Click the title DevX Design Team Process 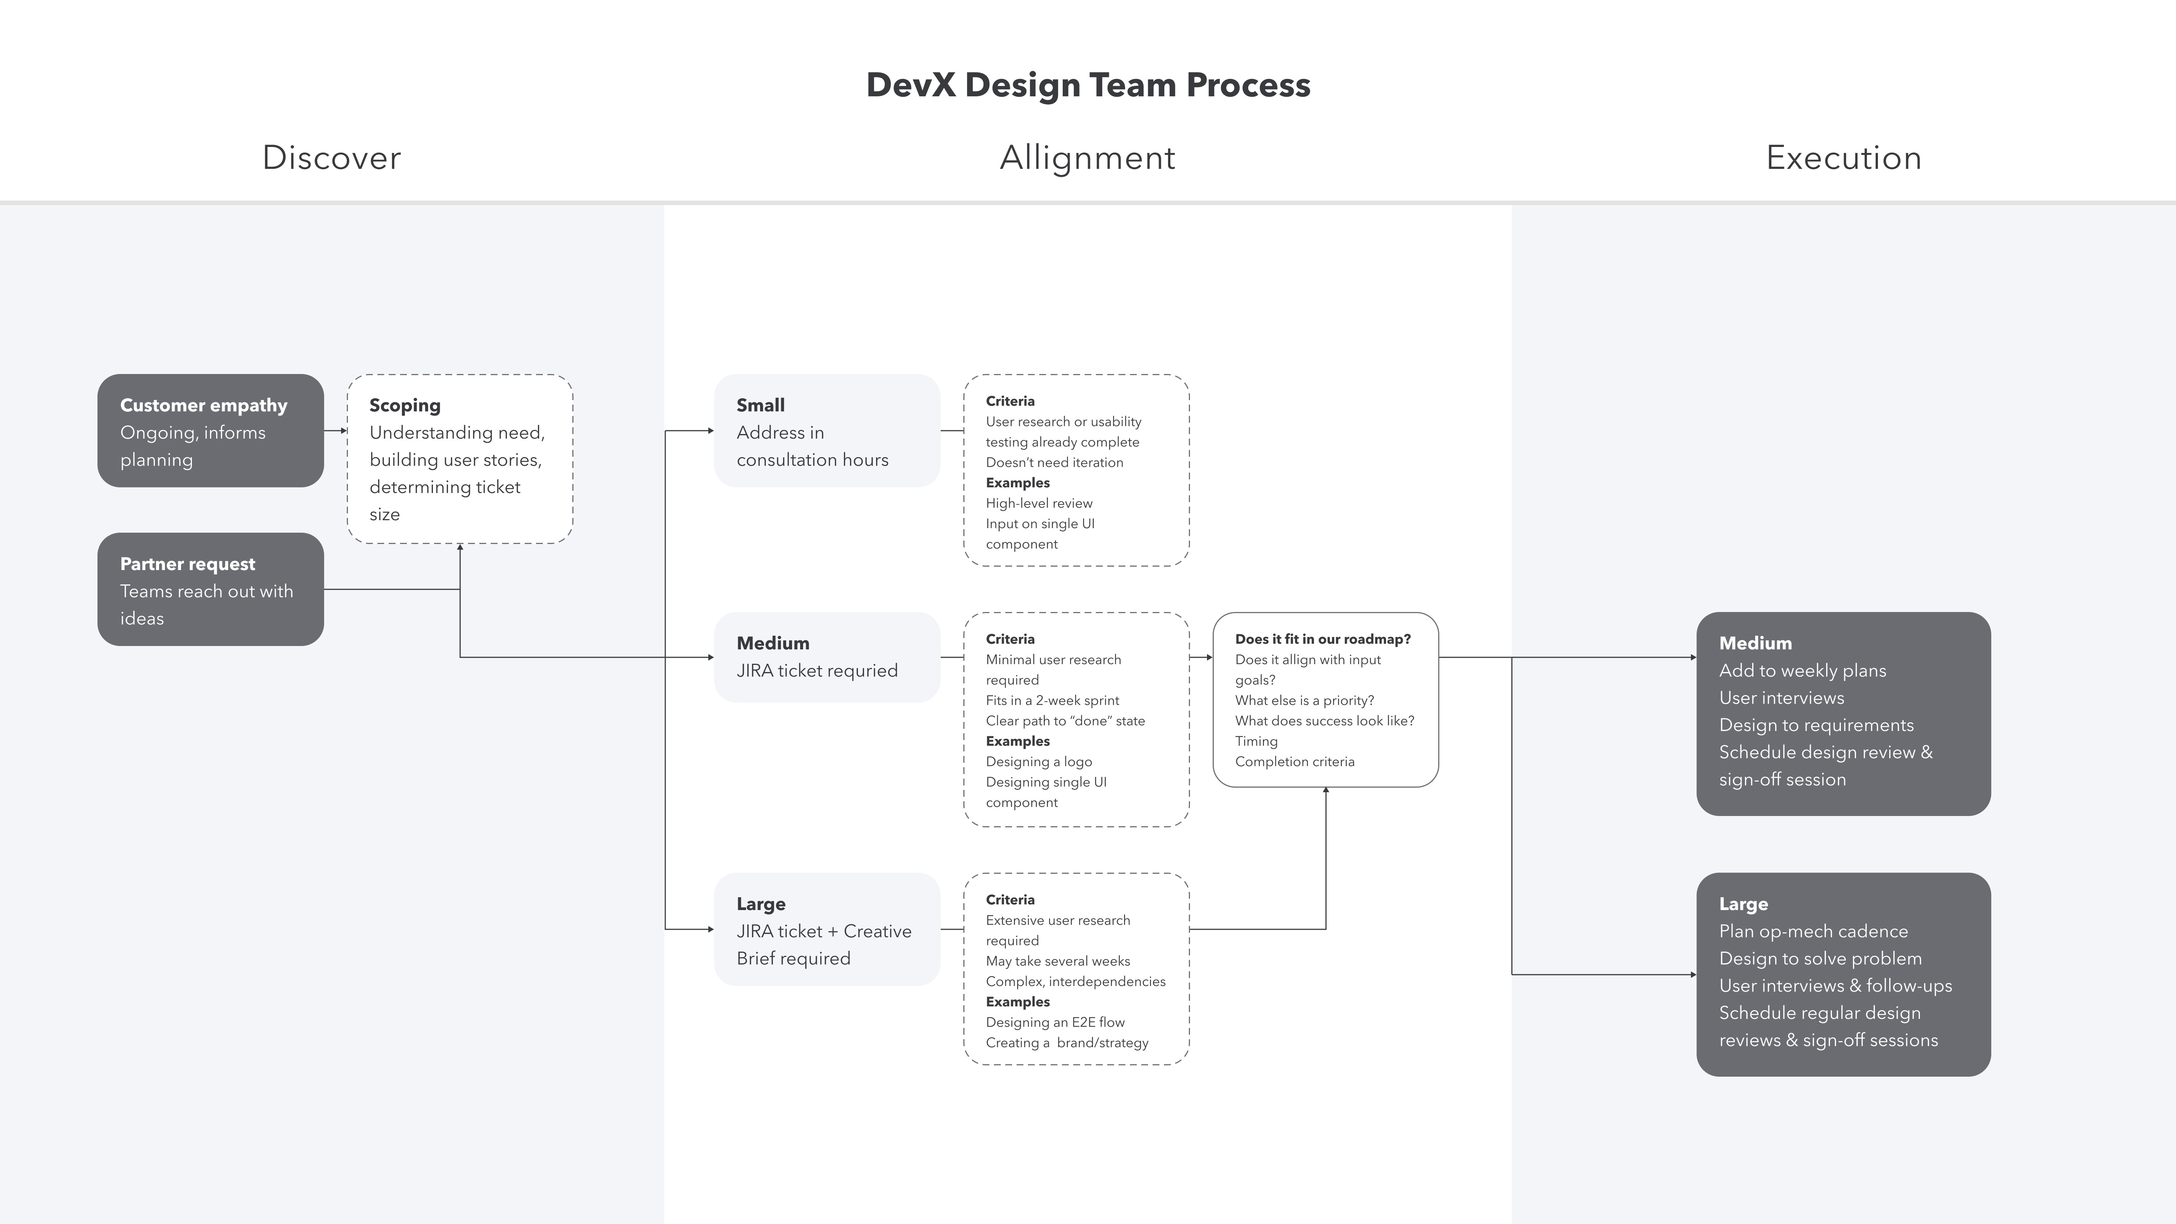coord(1088,85)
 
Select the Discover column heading coord(331,158)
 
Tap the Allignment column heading coord(1087,158)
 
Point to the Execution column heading coord(1843,158)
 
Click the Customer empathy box coord(210,431)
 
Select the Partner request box coord(210,590)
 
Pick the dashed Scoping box coord(459,459)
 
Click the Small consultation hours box coord(827,431)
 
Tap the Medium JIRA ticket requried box coord(827,657)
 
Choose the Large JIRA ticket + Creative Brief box coord(827,929)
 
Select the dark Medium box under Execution coord(1843,714)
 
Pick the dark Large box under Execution coord(1843,974)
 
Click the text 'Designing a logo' coord(1038,762)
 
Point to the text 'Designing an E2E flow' coord(1055,1022)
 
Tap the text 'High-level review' coord(1038,504)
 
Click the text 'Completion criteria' coord(1294,762)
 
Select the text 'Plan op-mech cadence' coord(1813,931)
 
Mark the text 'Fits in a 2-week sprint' coord(1052,700)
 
